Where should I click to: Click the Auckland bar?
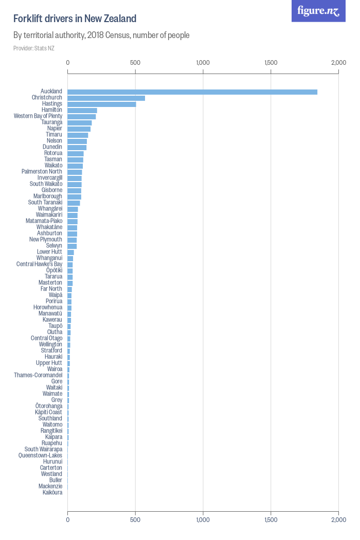click(x=192, y=92)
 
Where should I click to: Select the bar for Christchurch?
click(x=106, y=98)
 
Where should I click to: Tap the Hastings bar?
click(x=102, y=104)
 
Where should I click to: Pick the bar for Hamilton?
click(x=82, y=110)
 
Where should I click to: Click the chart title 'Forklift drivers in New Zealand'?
click(x=75, y=19)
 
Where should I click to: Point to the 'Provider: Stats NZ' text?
click(x=33, y=48)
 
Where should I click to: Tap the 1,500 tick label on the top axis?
click(x=271, y=63)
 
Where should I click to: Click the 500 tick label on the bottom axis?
click(x=135, y=520)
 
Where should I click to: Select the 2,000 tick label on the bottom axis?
click(x=338, y=520)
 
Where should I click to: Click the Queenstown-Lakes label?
click(x=40, y=455)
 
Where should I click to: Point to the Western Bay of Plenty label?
click(x=38, y=116)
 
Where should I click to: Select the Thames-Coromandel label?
click(x=38, y=375)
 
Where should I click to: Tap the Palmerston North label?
click(x=42, y=171)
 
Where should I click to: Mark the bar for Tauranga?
click(x=80, y=122)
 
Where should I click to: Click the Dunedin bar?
click(x=77, y=147)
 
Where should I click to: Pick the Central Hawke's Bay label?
click(x=39, y=264)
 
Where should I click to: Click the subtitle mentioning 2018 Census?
click(x=101, y=35)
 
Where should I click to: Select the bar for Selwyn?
click(x=72, y=246)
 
